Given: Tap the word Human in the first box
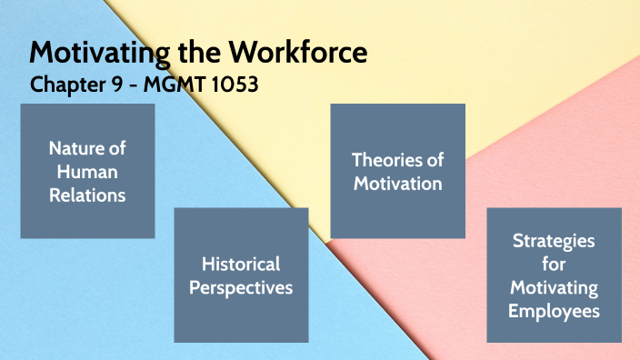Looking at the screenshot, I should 87,171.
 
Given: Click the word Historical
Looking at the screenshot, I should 241,265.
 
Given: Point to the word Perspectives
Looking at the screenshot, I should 241,288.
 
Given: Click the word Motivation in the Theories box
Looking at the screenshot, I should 397,184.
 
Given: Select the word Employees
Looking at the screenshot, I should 554,311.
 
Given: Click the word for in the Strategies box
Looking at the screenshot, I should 554,265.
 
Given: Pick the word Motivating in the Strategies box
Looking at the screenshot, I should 554,287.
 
